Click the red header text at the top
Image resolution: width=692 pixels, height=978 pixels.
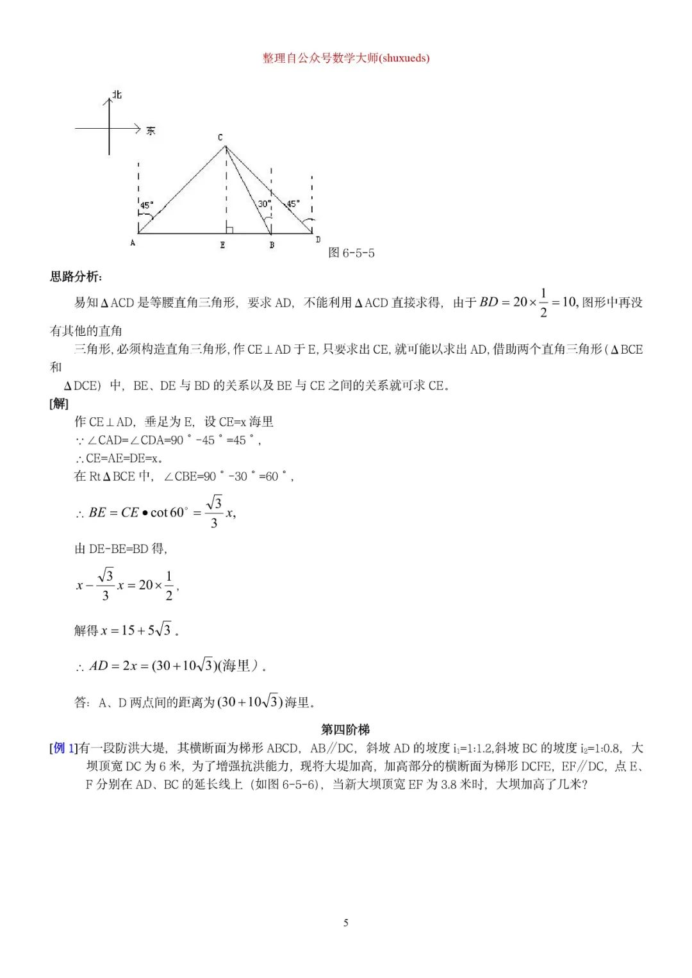[346, 58]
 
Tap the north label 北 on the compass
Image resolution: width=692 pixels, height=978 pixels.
[117, 95]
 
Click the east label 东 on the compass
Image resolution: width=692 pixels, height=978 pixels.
[151, 131]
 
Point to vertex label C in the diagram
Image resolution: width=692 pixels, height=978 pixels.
[220, 137]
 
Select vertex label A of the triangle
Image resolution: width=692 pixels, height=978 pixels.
[133, 243]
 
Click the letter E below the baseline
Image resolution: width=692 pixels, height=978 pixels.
[222, 245]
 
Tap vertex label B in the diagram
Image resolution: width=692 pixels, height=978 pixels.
[272, 245]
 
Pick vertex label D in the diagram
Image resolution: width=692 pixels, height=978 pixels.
[318, 240]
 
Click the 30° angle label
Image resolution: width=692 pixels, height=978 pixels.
[264, 204]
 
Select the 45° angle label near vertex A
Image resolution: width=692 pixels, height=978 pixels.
[147, 205]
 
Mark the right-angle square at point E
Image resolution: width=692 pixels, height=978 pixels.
[229, 229]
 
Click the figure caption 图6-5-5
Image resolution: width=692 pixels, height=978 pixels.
[351, 253]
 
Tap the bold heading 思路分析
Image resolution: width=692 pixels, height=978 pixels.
[76, 277]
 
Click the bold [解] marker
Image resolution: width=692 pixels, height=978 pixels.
[59, 403]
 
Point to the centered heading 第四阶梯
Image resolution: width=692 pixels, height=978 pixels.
[345, 729]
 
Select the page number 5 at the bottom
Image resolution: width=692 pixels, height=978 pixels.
[346, 923]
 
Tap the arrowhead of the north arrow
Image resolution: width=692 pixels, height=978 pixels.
[109, 100]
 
